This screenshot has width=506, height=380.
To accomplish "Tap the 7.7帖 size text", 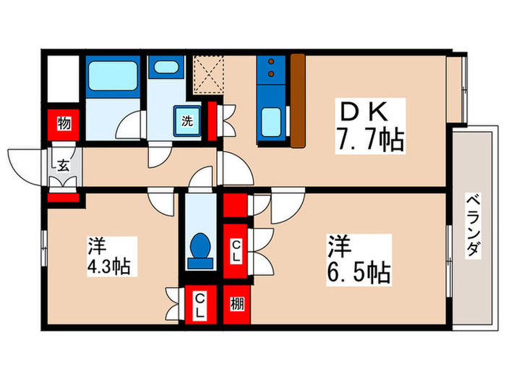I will point(368,138).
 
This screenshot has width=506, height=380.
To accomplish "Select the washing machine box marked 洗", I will point(186,120).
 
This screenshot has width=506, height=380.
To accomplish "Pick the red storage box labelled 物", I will point(64,124).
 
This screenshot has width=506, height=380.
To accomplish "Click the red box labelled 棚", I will point(237,305).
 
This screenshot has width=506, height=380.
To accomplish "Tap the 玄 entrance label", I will point(63,166).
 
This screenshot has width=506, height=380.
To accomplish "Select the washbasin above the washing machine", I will point(167,69).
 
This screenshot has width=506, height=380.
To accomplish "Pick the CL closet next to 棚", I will point(199,305).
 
